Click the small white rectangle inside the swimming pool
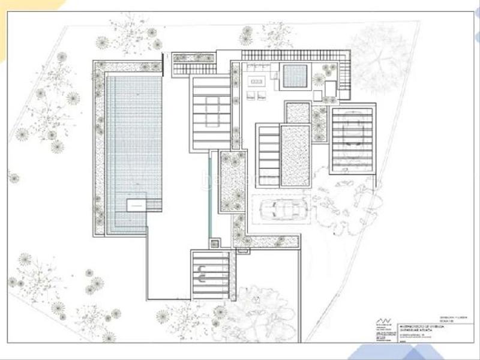[136, 205]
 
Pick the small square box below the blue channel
[214, 244]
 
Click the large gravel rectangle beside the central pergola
[295, 155]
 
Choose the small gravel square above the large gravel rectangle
[298, 112]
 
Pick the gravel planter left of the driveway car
[233, 182]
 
